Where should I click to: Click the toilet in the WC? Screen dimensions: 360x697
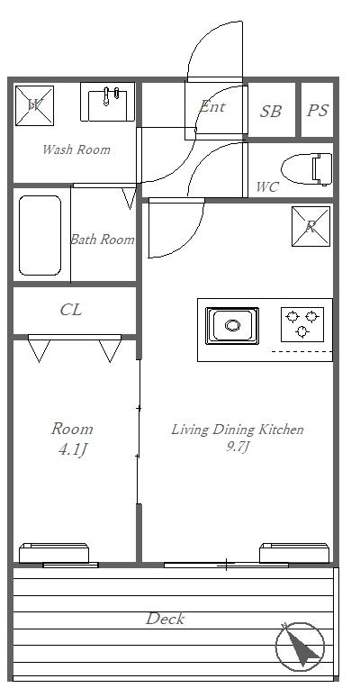[x=307, y=169]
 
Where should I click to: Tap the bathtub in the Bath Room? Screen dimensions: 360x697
[x=40, y=236]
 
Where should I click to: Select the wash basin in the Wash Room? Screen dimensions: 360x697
[x=108, y=102]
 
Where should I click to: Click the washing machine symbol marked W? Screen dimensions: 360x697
[x=35, y=105]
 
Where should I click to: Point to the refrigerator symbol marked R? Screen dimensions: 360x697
[x=311, y=226]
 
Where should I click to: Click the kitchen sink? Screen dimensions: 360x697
[x=232, y=326]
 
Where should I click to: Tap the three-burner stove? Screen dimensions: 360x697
[x=302, y=323]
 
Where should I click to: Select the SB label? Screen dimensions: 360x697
[x=271, y=111]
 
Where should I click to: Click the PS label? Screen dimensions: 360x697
[x=318, y=110]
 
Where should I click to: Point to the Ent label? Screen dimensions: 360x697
[x=212, y=106]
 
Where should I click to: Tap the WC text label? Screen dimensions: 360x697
[x=267, y=187]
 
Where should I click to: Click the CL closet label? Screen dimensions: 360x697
[x=71, y=310]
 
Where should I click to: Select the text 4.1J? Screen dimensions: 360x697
[x=72, y=450]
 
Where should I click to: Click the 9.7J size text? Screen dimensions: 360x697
[x=237, y=447]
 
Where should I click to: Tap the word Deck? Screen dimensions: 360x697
[x=165, y=619]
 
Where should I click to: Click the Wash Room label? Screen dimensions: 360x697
[x=76, y=149]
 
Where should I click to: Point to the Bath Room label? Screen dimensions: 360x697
[x=103, y=240]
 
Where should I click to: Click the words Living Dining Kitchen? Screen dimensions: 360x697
[x=238, y=430]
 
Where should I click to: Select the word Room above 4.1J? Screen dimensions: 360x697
[x=72, y=429]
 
